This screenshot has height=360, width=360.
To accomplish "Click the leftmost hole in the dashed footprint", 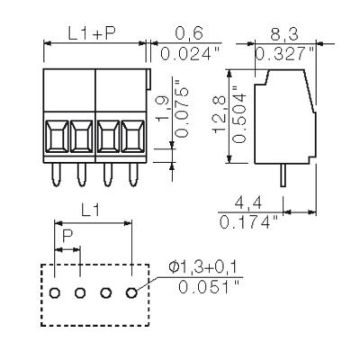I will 55,293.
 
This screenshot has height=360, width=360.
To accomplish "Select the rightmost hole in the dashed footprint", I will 133,293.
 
